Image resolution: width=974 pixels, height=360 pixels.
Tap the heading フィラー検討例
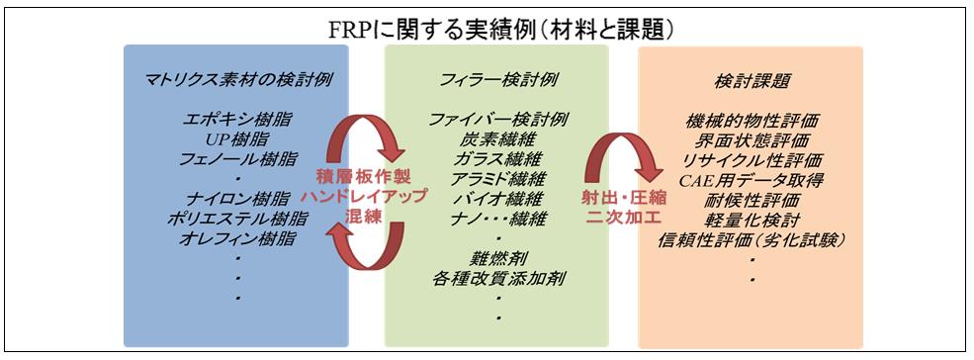[497, 80]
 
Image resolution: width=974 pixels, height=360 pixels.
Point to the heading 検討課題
[752, 80]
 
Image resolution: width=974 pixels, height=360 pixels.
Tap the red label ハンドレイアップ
[365, 196]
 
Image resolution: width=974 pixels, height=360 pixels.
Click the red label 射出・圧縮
[623, 199]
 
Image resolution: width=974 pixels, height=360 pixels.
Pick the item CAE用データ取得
[752, 180]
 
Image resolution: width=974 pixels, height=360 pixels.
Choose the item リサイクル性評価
[752, 160]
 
